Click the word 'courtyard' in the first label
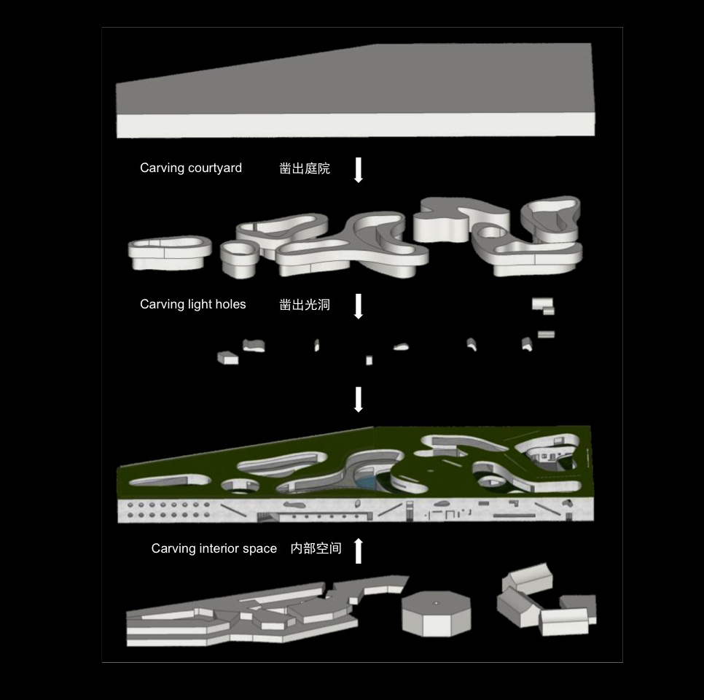[x=215, y=168]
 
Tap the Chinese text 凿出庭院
[x=305, y=168]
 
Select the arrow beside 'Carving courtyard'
[x=359, y=170]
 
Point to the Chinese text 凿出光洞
[x=305, y=305]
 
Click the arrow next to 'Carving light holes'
[x=359, y=306]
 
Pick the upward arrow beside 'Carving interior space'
[x=359, y=551]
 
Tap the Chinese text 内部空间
[x=316, y=548]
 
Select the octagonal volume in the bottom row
[x=436, y=613]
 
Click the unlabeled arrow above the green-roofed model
[x=359, y=400]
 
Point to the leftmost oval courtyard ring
[x=170, y=253]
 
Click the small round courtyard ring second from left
[x=239, y=258]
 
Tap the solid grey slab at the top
[x=356, y=90]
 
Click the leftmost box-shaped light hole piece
[x=227, y=358]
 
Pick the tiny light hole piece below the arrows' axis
[x=369, y=360]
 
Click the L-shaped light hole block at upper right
[x=543, y=306]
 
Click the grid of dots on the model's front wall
[x=169, y=510]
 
